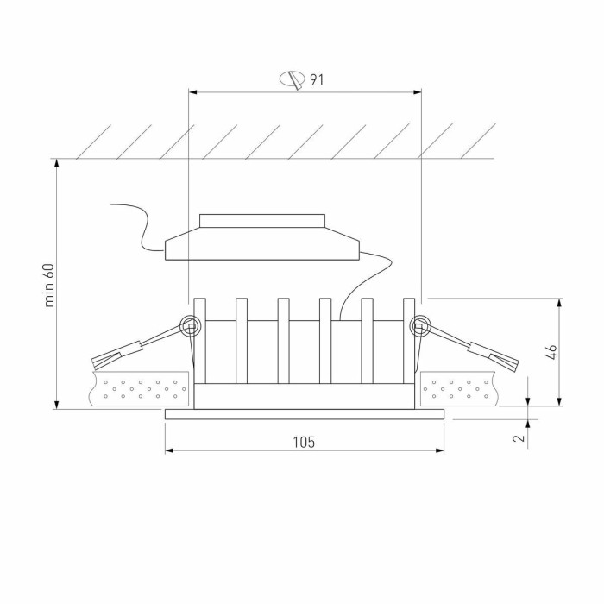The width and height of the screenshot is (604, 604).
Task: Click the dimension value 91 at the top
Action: [x=317, y=80]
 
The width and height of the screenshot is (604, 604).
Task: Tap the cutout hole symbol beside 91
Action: [x=293, y=80]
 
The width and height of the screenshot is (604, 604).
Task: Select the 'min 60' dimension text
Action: [x=49, y=285]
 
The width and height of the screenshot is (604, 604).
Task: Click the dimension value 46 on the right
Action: [x=552, y=351]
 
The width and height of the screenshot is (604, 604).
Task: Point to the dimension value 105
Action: [x=304, y=442]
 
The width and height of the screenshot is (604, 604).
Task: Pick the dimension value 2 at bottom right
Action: [x=518, y=437]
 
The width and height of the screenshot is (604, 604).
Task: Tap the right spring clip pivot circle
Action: [x=420, y=326]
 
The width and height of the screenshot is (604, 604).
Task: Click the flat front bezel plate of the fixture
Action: [x=304, y=414]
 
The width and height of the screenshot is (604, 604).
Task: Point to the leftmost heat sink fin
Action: [x=200, y=341]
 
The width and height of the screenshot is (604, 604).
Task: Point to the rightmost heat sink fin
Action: [x=409, y=341]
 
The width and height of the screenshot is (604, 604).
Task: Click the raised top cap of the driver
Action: [x=262, y=220]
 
